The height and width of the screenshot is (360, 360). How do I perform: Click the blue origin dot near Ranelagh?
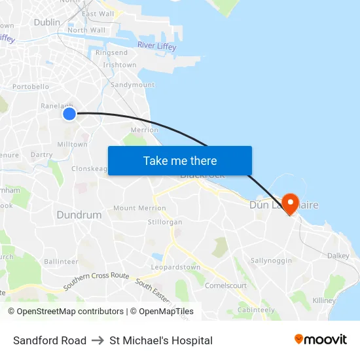(x=69, y=115)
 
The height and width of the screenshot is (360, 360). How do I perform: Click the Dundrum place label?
(x=79, y=215)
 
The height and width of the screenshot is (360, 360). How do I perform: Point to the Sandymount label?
(x=133, y=85)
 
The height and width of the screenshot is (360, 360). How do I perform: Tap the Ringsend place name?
(x=111, y=52)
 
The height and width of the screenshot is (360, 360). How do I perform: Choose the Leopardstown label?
(x=175, y=267)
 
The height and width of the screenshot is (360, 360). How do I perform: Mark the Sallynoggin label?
(x=271, y=261)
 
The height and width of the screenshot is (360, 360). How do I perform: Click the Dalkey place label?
(x=338, y=256)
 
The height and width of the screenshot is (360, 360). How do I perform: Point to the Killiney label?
(x=324, y=300)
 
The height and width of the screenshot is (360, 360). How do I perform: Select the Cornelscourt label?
(x=226, y=285)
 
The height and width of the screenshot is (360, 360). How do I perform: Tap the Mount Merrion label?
(x=139, y=208)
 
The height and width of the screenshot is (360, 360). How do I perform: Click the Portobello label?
(x=31, y=86)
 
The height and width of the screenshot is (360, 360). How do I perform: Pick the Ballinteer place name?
(x=61, y=261)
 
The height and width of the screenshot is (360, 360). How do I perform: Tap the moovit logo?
(x=321, y=340)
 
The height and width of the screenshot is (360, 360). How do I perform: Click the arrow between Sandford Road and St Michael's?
(x=98, y=340)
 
